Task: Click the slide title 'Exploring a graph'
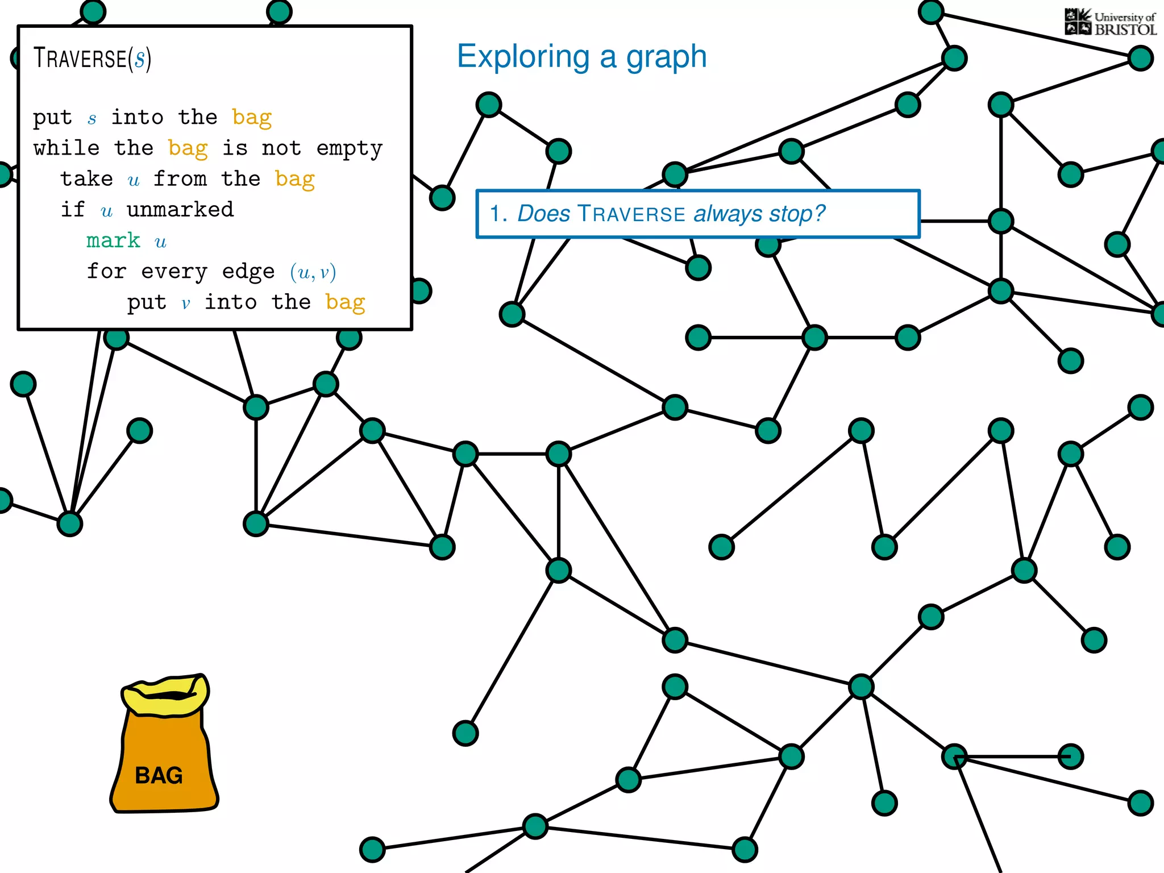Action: click(581, 57)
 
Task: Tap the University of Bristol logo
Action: click(1110, 23)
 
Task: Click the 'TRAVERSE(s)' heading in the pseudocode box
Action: click(92, 59)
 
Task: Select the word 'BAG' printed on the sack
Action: click(159, 775)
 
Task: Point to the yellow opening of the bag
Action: click(165, 695)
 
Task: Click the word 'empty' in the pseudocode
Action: click(350, 148)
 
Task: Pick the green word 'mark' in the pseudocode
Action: click(113, 240)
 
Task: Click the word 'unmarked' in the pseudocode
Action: click(180, 210)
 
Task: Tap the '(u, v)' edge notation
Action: click(313, 272)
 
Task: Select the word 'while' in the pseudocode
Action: click(66, 148)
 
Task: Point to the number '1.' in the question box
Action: click(498, 214)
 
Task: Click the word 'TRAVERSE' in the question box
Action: click(631, 214)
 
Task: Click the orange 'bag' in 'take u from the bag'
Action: click(294, 180)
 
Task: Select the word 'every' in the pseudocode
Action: click(174, 272)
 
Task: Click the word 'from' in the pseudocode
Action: click(180, 179)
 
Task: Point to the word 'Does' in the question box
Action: click(543, 214)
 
